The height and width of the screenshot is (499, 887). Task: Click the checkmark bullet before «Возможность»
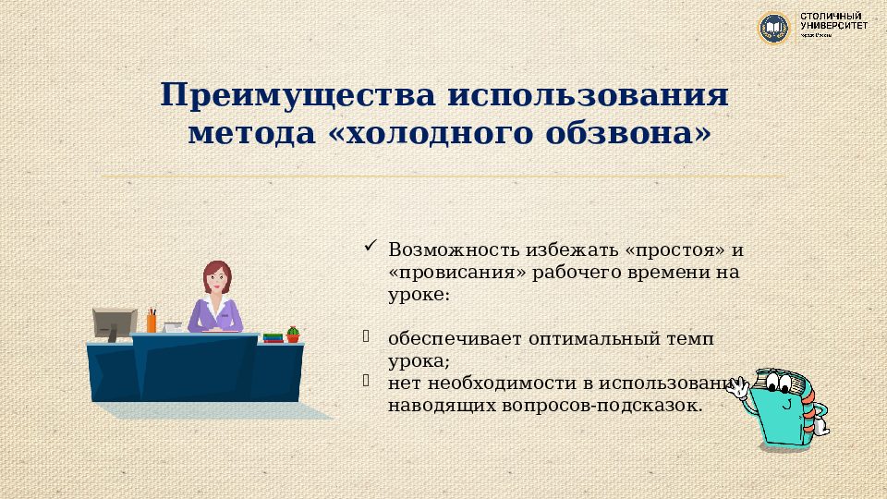[x=369, y=246]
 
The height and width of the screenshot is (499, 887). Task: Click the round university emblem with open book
[x=773, y=27]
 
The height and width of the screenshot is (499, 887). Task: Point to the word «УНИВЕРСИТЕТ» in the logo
[x=833, y=26]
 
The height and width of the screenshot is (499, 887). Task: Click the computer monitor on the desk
[x=114, y=323]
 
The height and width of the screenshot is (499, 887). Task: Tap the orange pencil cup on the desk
[x=152, y=323]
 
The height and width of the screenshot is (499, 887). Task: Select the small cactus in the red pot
[x=293, y=334]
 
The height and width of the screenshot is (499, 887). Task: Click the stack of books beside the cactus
[x=273, y=337]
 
